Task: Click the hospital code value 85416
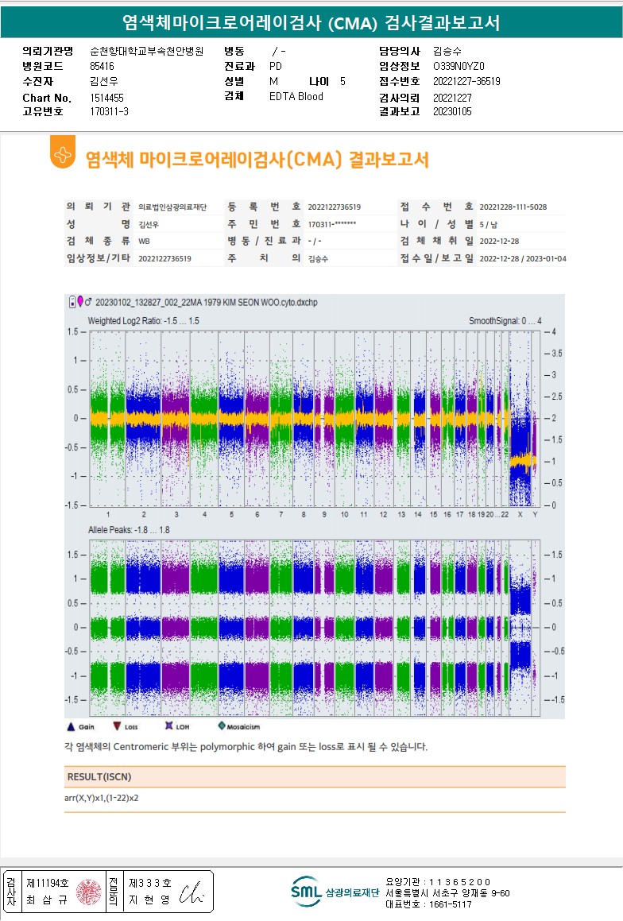(103, 66)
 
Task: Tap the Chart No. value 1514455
(107, 98)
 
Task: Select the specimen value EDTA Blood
(296, 97)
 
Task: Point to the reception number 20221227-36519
(467, 81)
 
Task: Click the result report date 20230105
(451, 111)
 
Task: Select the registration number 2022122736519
(334, 207)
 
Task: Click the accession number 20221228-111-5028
(513, 207)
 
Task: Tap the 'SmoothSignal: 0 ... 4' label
(505, 320)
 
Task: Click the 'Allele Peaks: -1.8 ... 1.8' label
(130, 529)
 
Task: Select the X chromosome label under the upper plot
(520, 514)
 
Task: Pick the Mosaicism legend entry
(241, 726)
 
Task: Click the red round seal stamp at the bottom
(89, 892)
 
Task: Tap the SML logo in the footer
(305, 892)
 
